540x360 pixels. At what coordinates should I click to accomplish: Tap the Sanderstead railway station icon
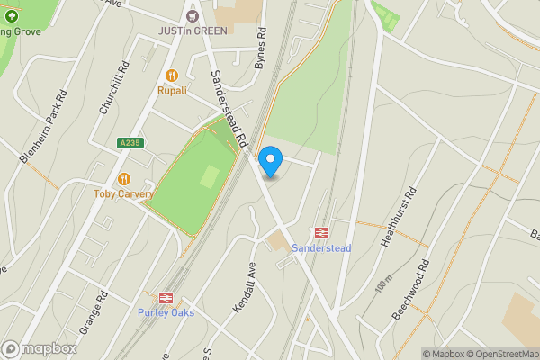[321, 233]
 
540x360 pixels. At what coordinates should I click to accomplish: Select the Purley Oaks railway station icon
[166, 298]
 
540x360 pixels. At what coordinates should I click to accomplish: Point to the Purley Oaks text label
[166, 312]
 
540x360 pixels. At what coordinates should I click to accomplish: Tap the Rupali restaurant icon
[172, 76]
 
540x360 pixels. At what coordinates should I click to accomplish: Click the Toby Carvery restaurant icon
[124, 179]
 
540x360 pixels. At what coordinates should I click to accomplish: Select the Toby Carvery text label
[124, 193]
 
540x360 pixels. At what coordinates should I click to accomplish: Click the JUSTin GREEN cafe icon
[191, 15]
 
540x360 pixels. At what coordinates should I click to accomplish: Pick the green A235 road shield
[130, 142]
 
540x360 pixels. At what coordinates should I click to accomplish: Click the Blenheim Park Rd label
[42, 126]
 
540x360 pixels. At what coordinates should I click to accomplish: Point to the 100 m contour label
[384, 286]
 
